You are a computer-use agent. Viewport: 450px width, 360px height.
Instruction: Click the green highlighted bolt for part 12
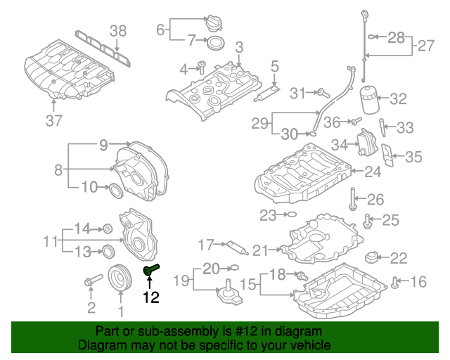click(x=151, y=269)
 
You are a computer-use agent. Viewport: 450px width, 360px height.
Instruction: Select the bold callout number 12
click(x=151, y=297)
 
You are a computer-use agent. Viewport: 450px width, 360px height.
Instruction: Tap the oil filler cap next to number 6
click(x=214, y=23)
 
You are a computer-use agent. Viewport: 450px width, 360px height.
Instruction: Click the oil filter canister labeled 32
click(x=369, y=100)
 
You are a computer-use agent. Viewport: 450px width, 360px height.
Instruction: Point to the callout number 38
click(x=118, y=31)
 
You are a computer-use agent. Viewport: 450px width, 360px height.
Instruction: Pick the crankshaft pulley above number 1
click(x=120, y=278)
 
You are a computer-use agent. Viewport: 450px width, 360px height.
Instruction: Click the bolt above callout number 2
click(x=94, y=280)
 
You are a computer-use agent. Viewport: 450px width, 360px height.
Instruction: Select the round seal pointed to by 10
click(x=116, y=191)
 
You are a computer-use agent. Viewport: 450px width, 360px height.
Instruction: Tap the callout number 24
click(x=373, y=172)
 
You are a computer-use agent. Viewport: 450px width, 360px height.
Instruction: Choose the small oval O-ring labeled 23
click(x=292, y=214)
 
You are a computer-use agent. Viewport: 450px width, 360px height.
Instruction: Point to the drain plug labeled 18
click(x=302, y=276)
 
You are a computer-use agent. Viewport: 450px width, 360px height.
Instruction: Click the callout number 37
click(x=54, y=120)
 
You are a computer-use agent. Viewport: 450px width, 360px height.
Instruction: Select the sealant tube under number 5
click(x=266, y=94)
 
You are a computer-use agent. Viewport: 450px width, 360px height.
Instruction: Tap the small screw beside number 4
click(x=202, y=67)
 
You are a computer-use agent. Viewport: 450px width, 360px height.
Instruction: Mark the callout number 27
click(x=426, y=46)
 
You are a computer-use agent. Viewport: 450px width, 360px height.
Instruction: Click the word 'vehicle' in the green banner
click(x=310, y=345)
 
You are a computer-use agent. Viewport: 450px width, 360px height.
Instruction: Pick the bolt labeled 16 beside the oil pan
click(x=395, y=283)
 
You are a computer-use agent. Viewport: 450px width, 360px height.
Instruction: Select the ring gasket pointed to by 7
click(x=216, y=44)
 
